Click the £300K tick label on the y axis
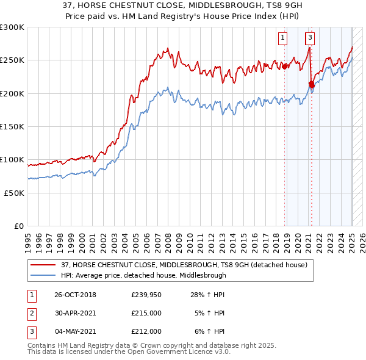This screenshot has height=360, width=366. pyautogui.click(x=12, y=27)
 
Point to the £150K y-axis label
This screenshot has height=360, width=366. pyautogui.click(x=12, y=126)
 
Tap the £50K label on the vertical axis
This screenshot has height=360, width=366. pyautogui.click(x=14, y=192)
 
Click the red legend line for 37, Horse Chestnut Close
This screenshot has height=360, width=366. pyautogui.click(x=43, y=264)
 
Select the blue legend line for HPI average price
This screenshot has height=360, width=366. pyautogui.click(x=43, y=275)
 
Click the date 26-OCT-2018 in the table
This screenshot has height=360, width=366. pyautogui.click(x=75, y=295)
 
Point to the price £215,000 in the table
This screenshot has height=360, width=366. pyautogui.click(x=146, y=313)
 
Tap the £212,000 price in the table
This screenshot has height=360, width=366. pyautogui.click(x=146, y=331)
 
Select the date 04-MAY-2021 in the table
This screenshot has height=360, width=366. pyautogui.click(x=75, y=331)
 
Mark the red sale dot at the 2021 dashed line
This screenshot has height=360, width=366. pyautogui.click(x=311, y=84)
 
